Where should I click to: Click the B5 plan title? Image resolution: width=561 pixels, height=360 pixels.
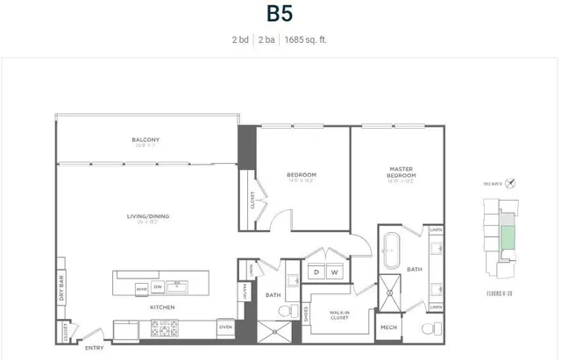[x=280, y=15]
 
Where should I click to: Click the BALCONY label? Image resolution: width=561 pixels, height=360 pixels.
[x=146, y=140]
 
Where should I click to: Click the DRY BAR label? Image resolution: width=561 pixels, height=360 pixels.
[x=60, y=286]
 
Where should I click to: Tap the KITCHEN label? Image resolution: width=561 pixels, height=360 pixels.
[x=161, y=307]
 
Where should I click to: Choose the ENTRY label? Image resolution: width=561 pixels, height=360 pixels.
[x=94, y=348]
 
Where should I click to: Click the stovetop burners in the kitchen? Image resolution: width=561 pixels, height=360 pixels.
[x=166, y=329]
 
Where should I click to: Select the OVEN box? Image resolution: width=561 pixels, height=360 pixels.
[x=225, y=328]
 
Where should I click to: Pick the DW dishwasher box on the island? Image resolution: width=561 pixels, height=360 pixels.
[x=159, y=286]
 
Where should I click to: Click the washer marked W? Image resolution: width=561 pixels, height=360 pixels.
[x=334, y=272]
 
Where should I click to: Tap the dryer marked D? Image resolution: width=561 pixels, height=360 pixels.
[x=316, y=272]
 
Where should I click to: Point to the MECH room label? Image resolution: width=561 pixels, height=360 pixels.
[x=387, y=328]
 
